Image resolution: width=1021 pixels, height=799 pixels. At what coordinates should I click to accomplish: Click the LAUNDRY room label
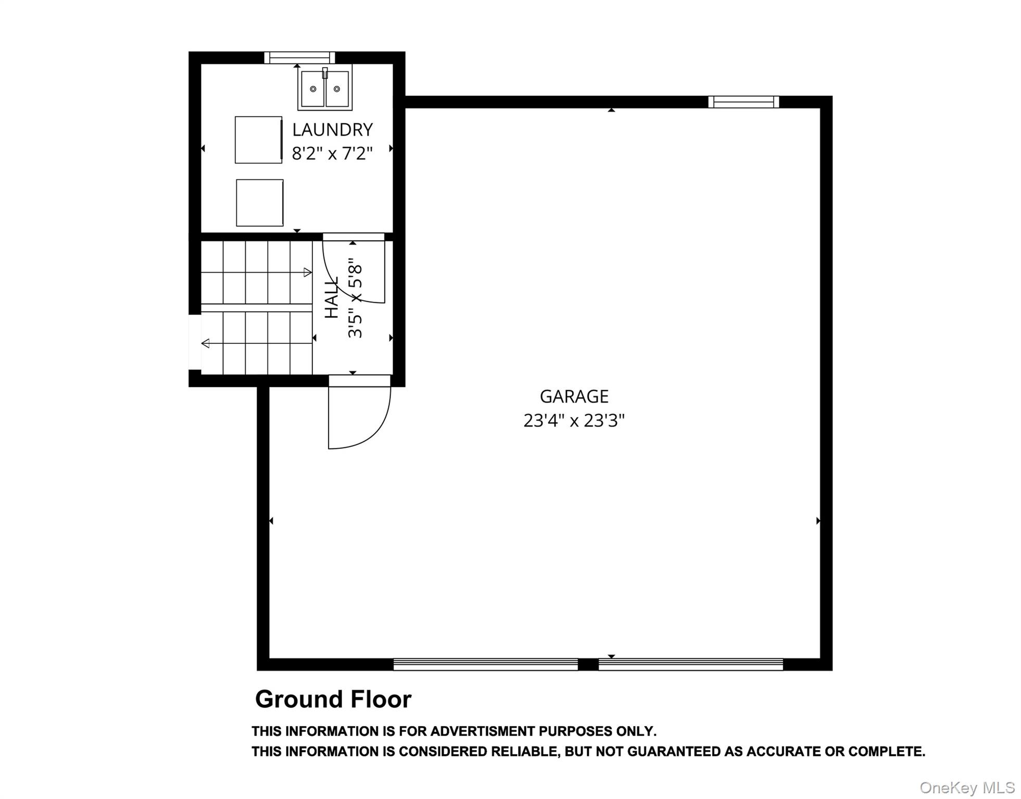(332, 130)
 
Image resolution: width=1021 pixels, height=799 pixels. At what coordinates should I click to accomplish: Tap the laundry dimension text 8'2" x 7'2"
(332, 154)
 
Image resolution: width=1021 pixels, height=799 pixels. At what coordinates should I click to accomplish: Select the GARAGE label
(574, 397)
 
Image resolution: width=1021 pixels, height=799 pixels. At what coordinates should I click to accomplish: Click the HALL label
(332, 298)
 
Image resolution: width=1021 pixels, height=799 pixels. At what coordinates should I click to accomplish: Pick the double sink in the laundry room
(325, 88)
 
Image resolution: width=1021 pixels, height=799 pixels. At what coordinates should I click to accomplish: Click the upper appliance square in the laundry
(258, 140)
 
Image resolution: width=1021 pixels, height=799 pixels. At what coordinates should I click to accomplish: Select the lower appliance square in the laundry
(260, 203)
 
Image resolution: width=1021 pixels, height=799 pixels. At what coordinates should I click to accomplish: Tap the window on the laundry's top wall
(299, 57)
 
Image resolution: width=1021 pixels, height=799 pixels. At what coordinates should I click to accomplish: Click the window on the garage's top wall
(743, 102)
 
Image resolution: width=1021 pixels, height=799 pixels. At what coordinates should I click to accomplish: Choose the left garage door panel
(485, 664)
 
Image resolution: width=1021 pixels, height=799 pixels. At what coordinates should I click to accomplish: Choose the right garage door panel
(690, 664)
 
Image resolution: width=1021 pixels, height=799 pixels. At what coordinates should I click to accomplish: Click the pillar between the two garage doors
(588, 664)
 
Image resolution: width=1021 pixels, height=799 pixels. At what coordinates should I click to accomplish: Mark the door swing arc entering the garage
(364, 427)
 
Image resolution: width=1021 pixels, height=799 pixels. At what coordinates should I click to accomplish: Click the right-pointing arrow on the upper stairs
(307, 272)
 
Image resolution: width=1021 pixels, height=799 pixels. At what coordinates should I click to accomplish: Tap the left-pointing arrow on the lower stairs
(206, 343)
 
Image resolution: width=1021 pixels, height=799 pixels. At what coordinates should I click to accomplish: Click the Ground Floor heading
(333, 699)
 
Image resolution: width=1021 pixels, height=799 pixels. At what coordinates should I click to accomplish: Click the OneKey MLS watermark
(967, 788)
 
